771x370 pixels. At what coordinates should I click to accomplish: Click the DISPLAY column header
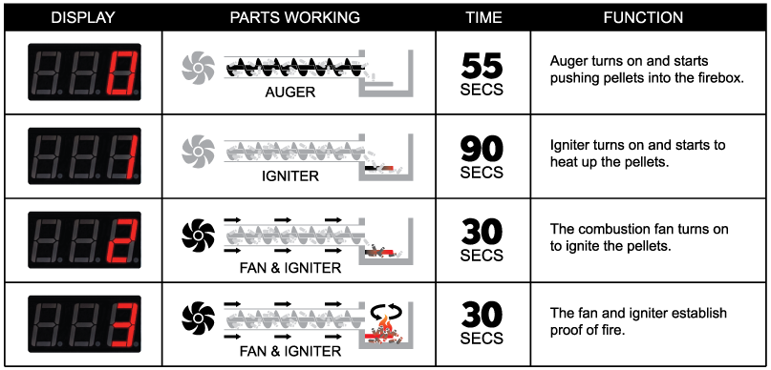(x=82, y=17)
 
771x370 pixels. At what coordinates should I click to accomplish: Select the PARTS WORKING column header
(x=295, y=17)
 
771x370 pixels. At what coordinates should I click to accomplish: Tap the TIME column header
(x=482, y=17)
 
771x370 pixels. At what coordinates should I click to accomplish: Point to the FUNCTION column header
(x=643, y=17)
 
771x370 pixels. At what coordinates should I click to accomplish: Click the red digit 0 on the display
(x=124, y=72)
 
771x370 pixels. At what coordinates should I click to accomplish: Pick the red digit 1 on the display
(x=126, y=156)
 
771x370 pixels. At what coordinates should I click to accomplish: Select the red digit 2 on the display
(x=124, y=239)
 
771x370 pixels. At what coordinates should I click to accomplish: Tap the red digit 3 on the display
(x=124, y=323)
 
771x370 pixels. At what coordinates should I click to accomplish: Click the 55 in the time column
(x=482, y=65)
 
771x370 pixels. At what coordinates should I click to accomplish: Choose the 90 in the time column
(x=482, y=148)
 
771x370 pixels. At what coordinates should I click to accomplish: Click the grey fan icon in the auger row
(x=199, y=66)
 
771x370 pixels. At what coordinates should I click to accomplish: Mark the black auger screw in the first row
(x=287, y=67)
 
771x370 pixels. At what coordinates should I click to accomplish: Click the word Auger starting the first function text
(x=569, y=61)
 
